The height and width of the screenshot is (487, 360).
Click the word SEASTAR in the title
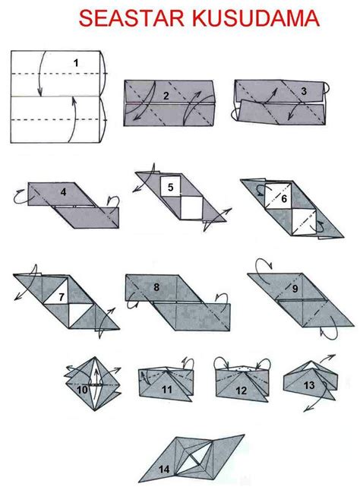(x=131, y=18)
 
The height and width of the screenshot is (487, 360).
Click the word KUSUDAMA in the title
(x=256, y=18)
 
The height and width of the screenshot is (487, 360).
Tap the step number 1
(x=76, y=63)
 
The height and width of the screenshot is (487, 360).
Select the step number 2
(x=166, y=96)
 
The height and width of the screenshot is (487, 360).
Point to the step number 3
(x=304, y=91)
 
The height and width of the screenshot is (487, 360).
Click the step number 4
(x=63, y=192)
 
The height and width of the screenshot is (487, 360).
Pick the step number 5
(x=170, y=188)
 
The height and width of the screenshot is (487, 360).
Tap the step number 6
(x=284, y=198)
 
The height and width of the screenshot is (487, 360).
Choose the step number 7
(x=62, y=297)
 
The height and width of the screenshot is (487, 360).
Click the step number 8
(x=156, y=287)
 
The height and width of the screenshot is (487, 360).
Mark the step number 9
(x=295, y=289)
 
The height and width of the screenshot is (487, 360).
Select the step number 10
(x=82, y=390)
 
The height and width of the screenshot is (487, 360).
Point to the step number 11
(x=167, y=390)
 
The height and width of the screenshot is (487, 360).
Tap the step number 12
(x=241, y=391)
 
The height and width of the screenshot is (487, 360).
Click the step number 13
(x=309, y=385)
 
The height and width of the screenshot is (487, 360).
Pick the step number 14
(x=164, y=470)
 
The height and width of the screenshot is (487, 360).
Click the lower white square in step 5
(x=191, y=207)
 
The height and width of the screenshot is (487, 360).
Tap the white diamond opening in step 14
(x=192, y=460)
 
